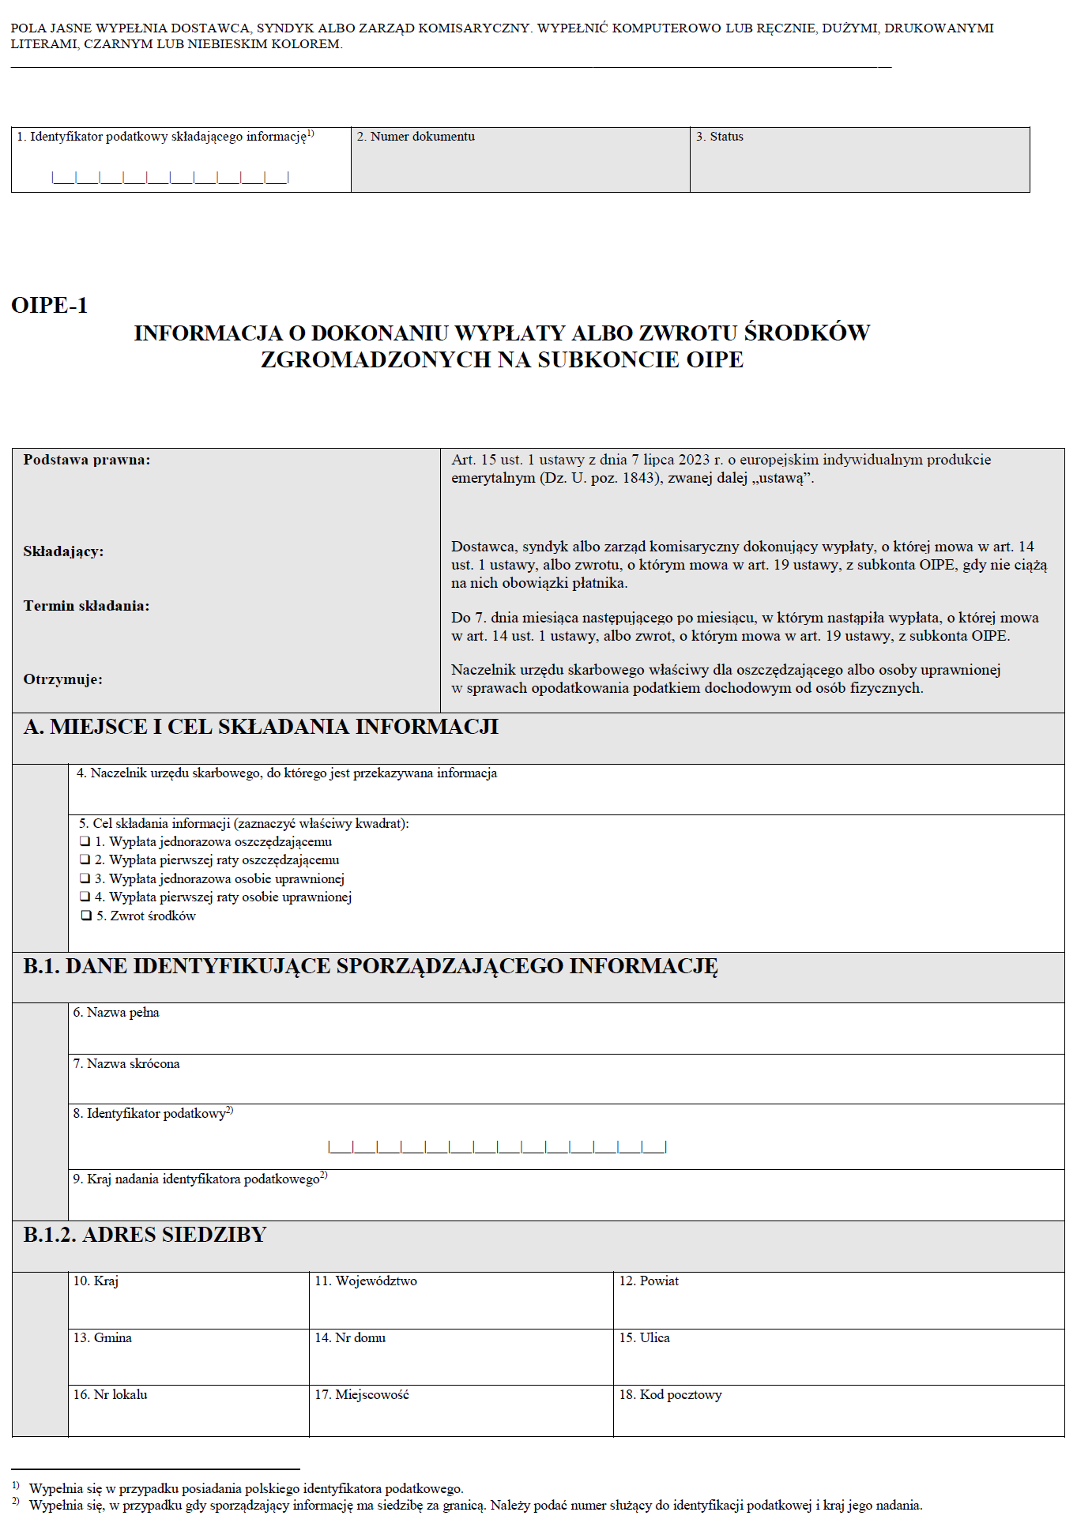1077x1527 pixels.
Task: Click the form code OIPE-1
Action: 50,305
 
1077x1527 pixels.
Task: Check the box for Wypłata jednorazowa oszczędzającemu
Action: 85,841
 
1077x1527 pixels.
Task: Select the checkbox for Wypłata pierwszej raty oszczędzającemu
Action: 85,859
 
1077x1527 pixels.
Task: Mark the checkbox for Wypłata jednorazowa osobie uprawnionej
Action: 85,878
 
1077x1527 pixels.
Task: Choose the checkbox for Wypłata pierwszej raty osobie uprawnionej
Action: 85,897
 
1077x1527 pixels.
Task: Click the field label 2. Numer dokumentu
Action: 416,137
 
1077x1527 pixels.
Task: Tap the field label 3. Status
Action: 719,137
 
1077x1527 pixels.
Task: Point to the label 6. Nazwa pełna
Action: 116,1012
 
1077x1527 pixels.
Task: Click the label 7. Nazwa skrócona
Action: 126,1063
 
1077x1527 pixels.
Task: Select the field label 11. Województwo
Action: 366,1281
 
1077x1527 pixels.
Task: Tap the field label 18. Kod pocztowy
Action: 670,1394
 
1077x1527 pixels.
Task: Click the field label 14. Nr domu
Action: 350,1337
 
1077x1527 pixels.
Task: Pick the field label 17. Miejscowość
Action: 362,1394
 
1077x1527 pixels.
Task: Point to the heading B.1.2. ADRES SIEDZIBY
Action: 145,1235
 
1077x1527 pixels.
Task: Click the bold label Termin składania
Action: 86,606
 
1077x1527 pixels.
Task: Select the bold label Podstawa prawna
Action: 86,460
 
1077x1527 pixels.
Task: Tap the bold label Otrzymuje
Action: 62,679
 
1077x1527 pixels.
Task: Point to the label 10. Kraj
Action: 96,1281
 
